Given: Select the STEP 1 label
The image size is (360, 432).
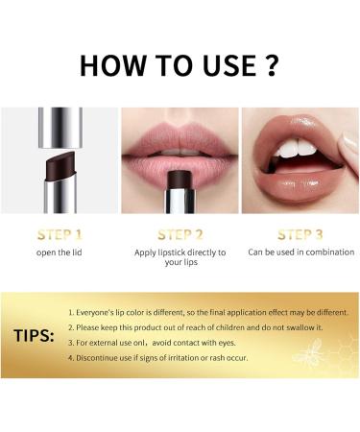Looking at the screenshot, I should point(60,234).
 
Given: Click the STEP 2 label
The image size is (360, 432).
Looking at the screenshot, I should point(180,234).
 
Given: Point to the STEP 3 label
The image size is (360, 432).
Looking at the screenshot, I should point(300,234).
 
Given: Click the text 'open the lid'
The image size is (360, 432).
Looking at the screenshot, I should point(60,252).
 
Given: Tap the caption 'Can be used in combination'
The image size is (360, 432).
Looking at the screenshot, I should point(300,252).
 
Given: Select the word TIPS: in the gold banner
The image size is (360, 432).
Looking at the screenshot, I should point(36,336).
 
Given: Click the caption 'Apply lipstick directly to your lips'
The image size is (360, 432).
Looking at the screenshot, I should point(180,258).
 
